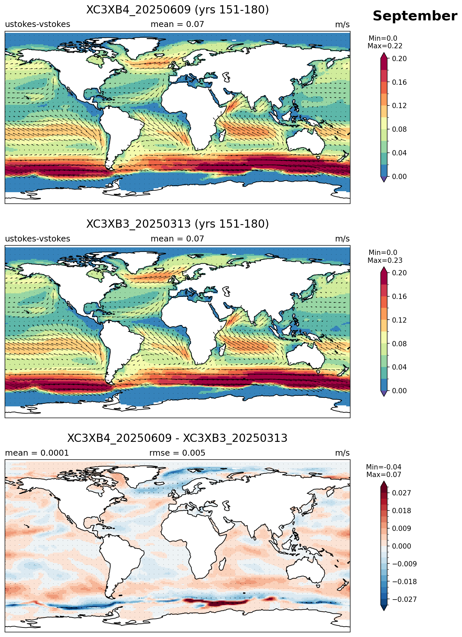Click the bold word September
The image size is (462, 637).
(x=415, y=16)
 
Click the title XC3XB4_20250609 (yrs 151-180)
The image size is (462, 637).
(x=178, y=10)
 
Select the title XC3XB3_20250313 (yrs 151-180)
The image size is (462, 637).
(x=178, y=224)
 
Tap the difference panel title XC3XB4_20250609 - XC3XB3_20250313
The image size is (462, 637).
(x=178, y=438)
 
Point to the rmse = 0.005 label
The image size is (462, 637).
(x=178, y=453)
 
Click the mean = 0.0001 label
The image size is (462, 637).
(x=37, y=453)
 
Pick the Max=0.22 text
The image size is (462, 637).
(x=385, y=46)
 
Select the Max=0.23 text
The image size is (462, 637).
(x=385, y=261)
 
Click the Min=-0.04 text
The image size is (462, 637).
(x=384, y=467)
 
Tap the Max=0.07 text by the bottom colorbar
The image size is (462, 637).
(x=384, y=475)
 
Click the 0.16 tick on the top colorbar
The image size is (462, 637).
(x=399, y=82)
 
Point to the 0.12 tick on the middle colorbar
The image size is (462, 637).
(x=399, y=320)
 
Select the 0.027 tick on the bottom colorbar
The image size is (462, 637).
(x=401, y=493)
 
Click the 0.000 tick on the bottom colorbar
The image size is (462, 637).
(x=401, y=546)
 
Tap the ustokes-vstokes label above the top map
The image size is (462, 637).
(x=37, y=24)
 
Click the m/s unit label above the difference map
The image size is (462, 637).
(x=342, y=453)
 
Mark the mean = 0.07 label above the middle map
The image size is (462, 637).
(x=178, y=239)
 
